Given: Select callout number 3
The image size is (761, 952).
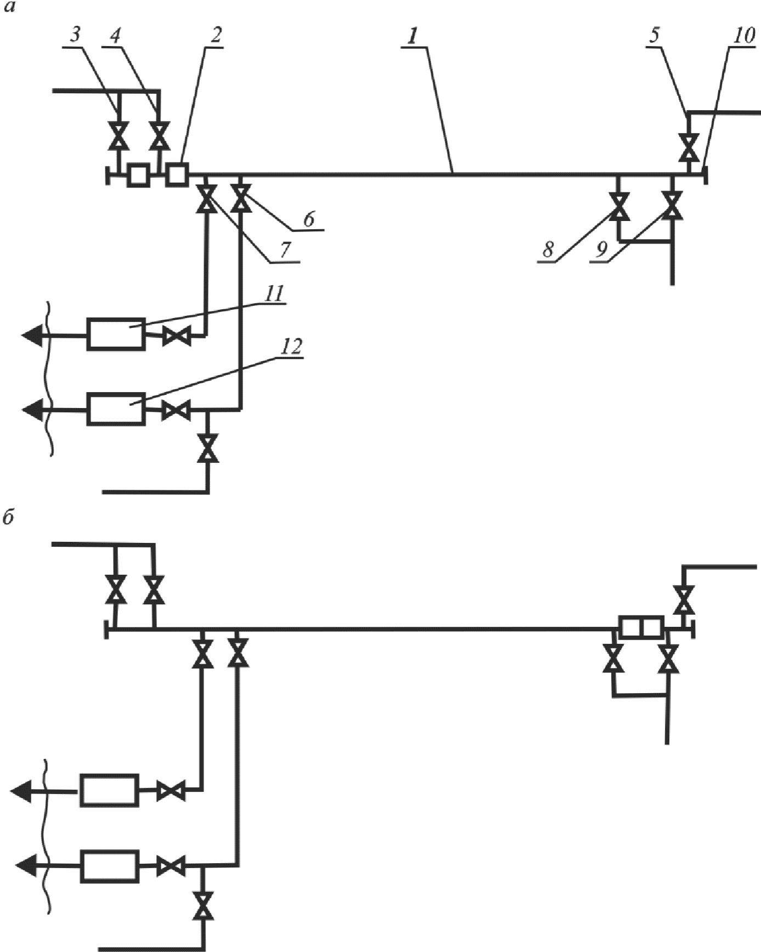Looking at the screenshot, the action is [x=75, y=36].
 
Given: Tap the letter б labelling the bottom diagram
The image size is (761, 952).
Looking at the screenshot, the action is [x=8, y=518].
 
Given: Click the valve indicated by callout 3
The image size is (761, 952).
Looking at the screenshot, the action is [x=117, y=136].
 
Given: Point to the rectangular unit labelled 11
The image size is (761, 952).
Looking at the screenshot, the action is [x=116, y=333].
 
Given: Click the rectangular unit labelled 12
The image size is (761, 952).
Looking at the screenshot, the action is [x=116, y=409].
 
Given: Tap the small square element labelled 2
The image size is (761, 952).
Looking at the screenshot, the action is [x=177, y=175].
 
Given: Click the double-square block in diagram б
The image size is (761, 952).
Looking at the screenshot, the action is [x=642, y=627].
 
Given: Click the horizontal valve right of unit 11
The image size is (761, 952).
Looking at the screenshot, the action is [x=177, y=336].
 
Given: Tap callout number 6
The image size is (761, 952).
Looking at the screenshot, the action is [x=308, y=220].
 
